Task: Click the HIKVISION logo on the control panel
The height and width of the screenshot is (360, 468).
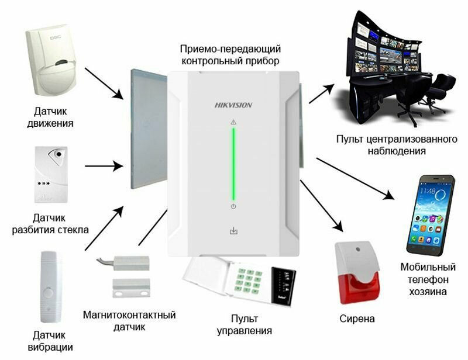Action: pos(233,105)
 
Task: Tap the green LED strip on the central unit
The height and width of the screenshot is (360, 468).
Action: pos(233,164)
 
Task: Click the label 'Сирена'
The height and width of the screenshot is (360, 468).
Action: pos(357,319)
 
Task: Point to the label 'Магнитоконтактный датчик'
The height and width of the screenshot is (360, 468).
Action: pos(129,320)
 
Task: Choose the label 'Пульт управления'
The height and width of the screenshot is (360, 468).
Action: pos(245,324)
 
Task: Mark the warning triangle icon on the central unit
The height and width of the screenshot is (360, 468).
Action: pos(233,122)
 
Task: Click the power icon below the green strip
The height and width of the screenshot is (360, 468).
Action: pos(233,207)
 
